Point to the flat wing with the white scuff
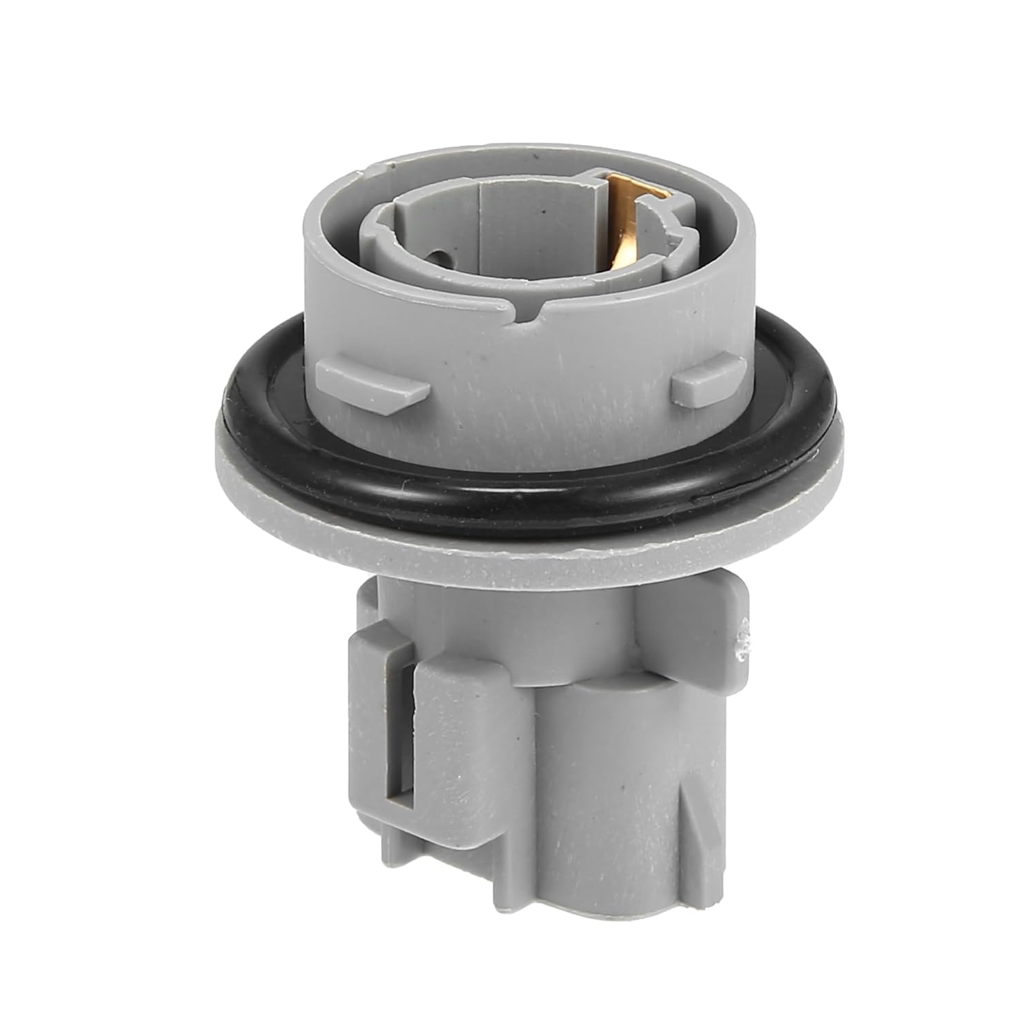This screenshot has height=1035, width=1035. [718, 621]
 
